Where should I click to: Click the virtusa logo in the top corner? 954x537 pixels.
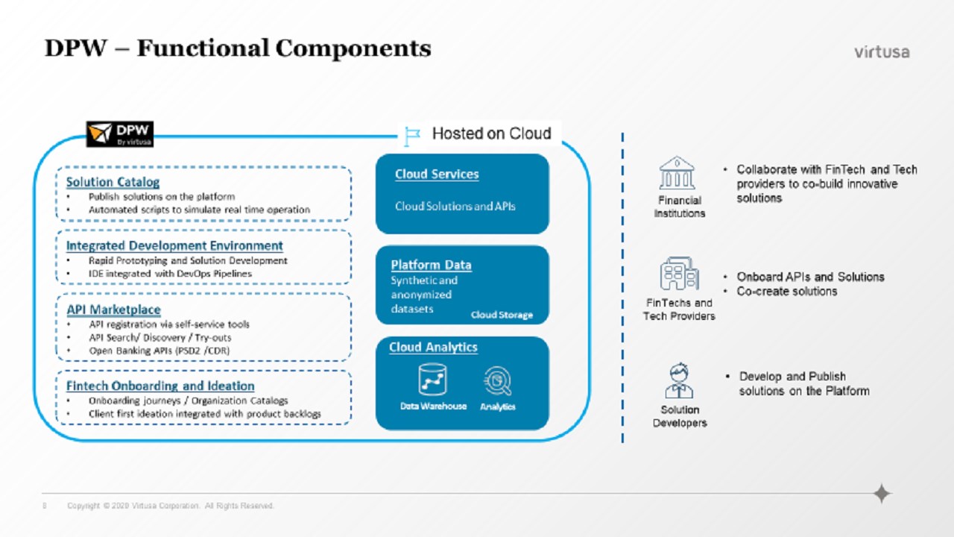coord(882,52)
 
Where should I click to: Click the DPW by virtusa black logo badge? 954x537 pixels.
coord(120,134)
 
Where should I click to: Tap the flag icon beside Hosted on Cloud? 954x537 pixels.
coord(412,136)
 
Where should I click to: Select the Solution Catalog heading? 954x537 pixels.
coord(113,182)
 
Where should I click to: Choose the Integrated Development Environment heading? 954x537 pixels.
coord(174,245)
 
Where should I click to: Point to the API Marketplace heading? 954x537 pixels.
coord(113,310)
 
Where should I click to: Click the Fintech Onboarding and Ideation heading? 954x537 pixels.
coord(160,386)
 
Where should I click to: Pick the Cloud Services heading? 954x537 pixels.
coord(437,174)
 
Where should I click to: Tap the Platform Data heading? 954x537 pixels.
coord(431,265)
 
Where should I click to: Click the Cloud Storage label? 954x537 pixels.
coord(502,315)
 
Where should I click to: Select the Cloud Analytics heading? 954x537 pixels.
coord(433,348)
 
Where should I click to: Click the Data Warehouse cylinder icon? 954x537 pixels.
coord(432,380)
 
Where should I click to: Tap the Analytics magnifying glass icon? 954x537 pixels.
coord(497,381)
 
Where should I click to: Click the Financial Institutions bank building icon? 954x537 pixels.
coord(677,173)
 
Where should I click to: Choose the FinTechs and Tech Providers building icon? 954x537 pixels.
coord(679,274)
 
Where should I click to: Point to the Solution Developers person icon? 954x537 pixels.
coord(679,381)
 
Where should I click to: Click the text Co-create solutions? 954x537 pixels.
coord(786,291)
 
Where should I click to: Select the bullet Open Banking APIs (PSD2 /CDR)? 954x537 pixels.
coord(150,350)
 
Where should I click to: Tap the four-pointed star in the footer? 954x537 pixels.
coord(882,494)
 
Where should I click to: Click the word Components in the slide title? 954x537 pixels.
coord(353,48)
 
